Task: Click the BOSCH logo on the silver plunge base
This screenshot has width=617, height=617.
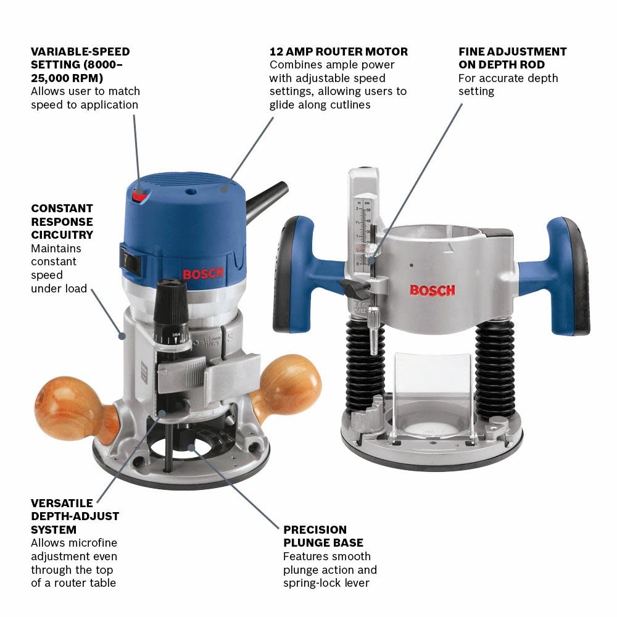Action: [x=433, y=289]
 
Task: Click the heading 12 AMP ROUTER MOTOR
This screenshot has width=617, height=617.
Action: [x=339, y=52]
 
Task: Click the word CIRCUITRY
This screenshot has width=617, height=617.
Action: [x=62, y=234]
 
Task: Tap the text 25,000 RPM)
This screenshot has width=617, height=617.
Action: [x=67, y=78]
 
